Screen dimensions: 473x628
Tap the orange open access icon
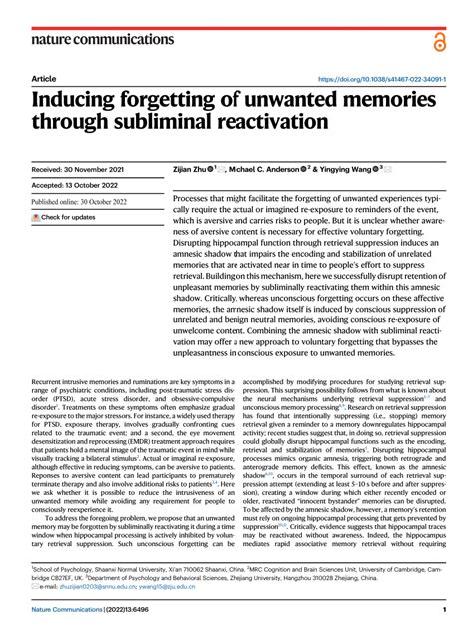pos(440,38)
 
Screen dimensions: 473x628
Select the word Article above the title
pos(44,79)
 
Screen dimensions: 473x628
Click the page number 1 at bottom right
pos(443,610)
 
